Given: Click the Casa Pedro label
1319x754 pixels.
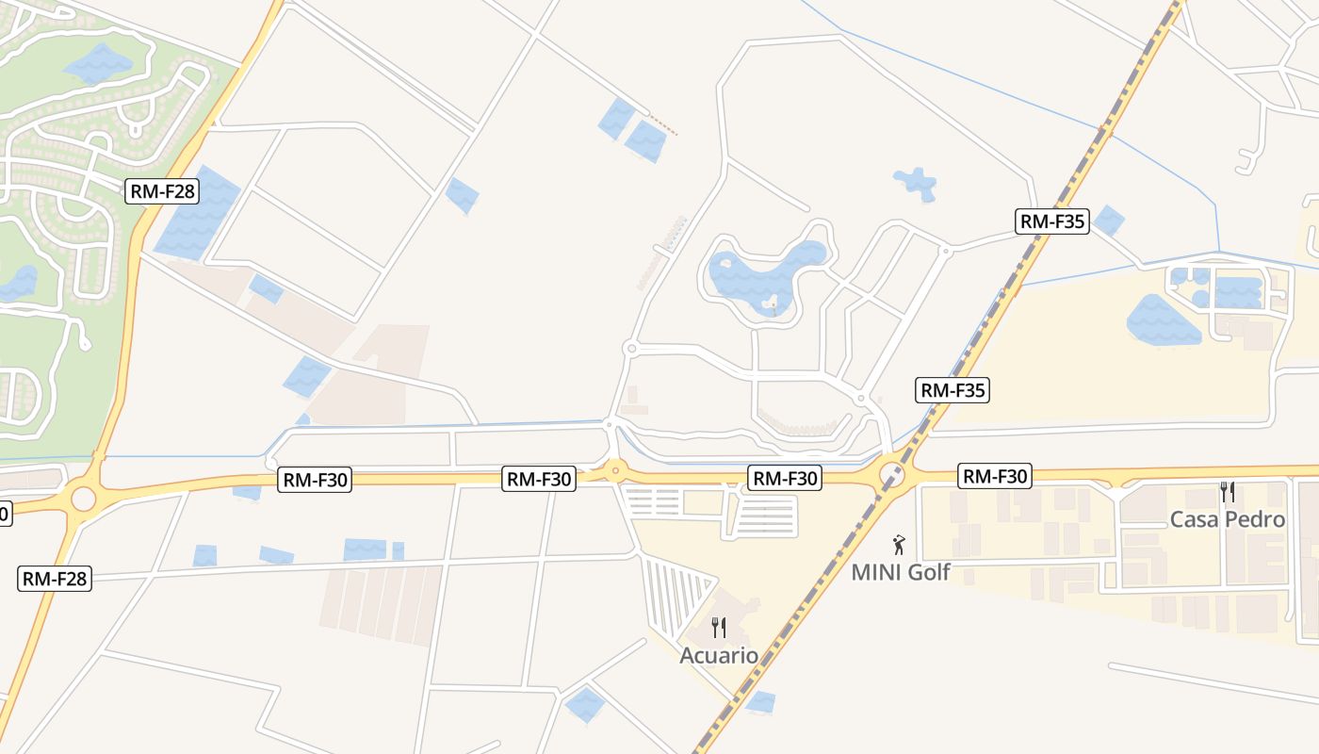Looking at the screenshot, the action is (x=1227, y=519).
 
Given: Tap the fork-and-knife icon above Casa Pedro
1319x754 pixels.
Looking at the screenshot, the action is (x=1227, y=492).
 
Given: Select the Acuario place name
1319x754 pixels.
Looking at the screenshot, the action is (x=719, y=655).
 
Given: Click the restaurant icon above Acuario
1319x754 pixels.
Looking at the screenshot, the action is (x=719, y=628).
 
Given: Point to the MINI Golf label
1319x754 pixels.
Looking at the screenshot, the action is (x=900, y=572).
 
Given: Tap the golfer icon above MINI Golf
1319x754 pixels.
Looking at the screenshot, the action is (x=899, y=545).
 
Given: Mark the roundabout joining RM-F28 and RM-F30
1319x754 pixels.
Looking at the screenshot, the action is (x=83, y=499).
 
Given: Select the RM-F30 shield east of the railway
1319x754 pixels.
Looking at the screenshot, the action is (x=994, y=476).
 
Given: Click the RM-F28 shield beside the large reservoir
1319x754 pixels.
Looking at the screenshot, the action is (x=162, y=191).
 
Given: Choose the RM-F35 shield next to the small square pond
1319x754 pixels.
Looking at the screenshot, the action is (x=1052, y=221).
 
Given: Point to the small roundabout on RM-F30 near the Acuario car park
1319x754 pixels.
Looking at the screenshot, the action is (x=615, y=468).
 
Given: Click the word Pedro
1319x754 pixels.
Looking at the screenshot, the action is (x=1254, y=519).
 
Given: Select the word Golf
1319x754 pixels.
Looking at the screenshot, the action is (x=927, y=572).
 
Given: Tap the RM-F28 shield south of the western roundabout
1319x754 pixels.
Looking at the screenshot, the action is (x=55, y=578).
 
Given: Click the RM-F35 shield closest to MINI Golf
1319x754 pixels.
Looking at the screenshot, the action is (x=953, y=389).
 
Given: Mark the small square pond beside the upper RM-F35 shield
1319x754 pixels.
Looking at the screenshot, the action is (x=1109, y=221).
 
